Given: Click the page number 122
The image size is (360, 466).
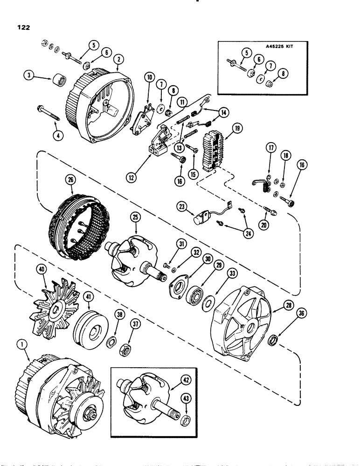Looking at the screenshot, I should (22, 27).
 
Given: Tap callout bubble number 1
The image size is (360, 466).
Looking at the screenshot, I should (23, 344).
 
